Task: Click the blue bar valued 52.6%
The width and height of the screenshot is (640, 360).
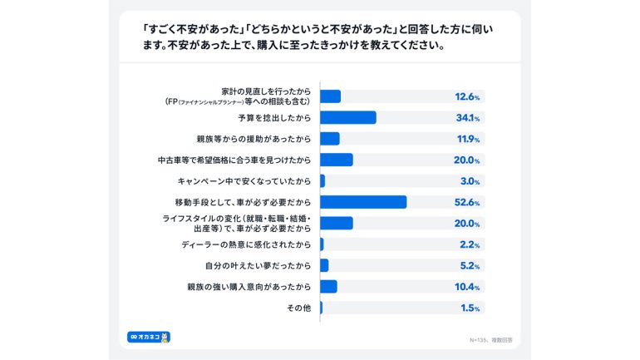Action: point(362,202)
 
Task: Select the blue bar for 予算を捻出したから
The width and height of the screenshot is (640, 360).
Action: point(347,118)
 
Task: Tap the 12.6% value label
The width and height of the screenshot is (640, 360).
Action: point(467,96)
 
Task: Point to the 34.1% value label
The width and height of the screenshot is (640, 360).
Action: point(467,118)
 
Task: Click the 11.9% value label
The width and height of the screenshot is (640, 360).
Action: point(467,139)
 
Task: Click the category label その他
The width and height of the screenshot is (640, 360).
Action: point(299,308)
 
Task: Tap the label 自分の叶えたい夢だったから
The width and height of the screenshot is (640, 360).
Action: point(258,266)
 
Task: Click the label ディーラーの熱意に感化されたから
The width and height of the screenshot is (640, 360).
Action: point(246,244)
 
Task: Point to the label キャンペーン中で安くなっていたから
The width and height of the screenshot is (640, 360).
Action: point(244,181)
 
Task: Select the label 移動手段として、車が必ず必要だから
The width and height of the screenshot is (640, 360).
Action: point(243,202)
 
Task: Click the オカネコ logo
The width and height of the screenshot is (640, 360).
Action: point(149,337)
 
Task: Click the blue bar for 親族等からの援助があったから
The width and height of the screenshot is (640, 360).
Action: point(329,139)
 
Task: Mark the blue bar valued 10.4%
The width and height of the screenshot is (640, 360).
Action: point(328,287)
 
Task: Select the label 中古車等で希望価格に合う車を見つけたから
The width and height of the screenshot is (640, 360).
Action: point(234,160)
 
